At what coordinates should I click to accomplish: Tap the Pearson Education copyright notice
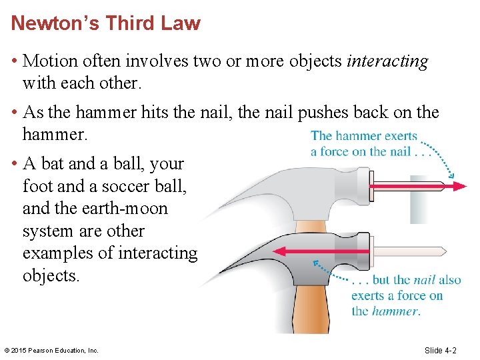click(x=51, y=350)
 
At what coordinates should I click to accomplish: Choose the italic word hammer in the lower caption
click(x=395, y=311)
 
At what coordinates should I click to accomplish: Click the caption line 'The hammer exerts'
click(x=363, y=137)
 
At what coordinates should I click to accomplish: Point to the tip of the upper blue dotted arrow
click(x=454, y=178)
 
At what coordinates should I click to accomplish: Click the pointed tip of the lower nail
click(x=445, y=251)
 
